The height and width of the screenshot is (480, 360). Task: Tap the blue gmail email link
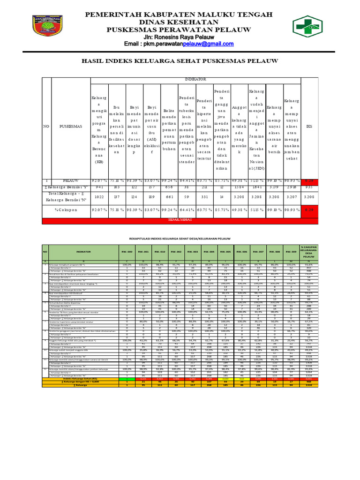(208, 44)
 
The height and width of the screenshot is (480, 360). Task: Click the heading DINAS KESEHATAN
(180, 22)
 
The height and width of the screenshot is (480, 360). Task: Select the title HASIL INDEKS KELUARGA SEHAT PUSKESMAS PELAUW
(180, 61)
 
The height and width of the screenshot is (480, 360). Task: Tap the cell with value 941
(99, 186)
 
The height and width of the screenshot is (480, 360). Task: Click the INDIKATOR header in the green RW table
(84, 252)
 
